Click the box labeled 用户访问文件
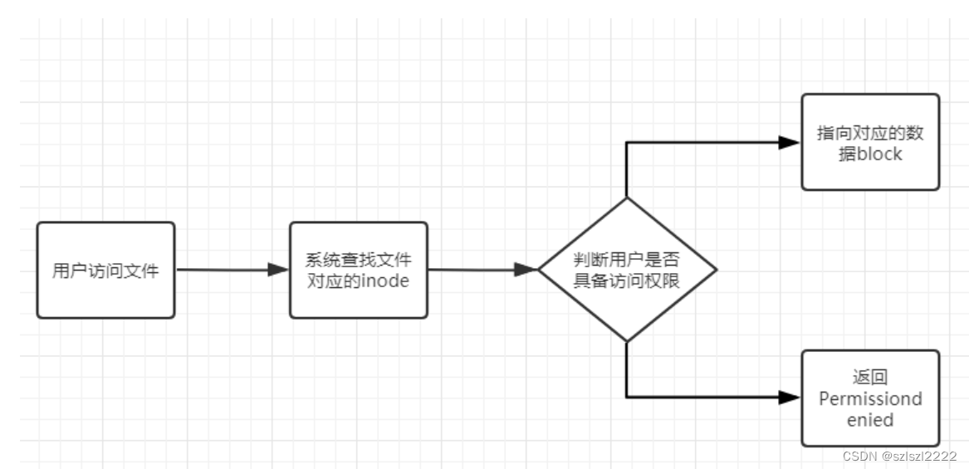click(105, 270)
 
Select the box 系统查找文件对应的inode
click(359, 270)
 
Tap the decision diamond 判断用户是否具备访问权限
click(626, 270)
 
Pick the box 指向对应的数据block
click(870, 142)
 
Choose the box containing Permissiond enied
click(870, 398)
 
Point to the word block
click(879, 154)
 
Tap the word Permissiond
click(870, 399)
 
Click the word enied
click(870, 420)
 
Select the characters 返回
click(870, 378)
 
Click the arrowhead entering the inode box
click(277, 270)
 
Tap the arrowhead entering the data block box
click(790, 142)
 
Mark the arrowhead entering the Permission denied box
click(790, 398)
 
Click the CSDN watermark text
click(859, 456)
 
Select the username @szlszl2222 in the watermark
click(919, 456)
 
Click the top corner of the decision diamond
click(626, 198)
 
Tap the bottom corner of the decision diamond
click(626, 340)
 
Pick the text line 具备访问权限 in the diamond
click(627, 281)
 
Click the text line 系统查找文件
click(359, 259)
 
